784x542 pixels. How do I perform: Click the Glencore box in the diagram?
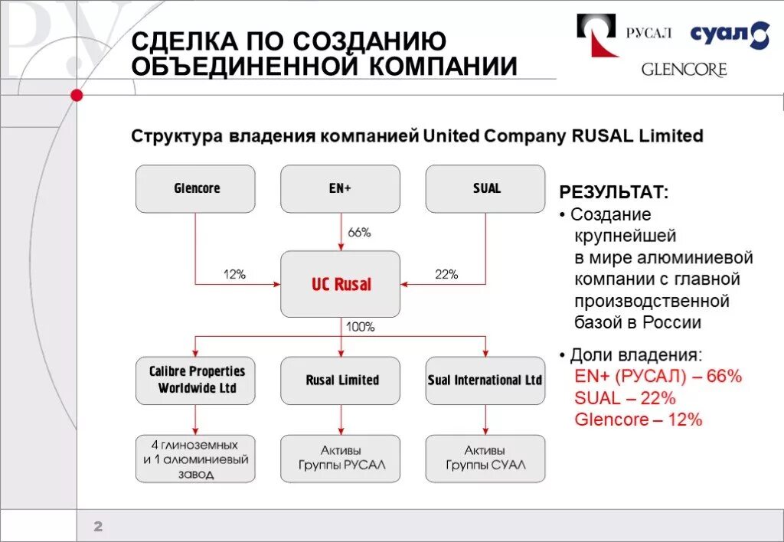(x=195, y=188)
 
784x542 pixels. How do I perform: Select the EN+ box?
(x=340, y=188)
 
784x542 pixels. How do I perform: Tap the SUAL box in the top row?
(x=485, y=188)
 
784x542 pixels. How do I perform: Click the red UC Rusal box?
(x=341, y=284)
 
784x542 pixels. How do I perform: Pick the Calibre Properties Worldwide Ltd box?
(x=195, y=380)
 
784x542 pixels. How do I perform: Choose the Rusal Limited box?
(x=341, y=380)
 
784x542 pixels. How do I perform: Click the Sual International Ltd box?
(x=485, y=380)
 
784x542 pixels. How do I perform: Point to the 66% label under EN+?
(x=359, y=233)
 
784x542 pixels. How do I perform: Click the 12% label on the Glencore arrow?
(x=234, y=274)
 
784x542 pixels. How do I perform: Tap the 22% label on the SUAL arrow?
(x=446, y=274)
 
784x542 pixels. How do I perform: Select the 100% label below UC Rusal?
(x=360, y=327)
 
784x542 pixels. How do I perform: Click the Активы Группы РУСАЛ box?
(x=341, y=458)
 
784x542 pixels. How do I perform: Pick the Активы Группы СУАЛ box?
(x=485, y=458)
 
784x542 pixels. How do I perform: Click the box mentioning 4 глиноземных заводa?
(x=195, y=459)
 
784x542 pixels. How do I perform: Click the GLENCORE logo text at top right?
(x=684, y=70)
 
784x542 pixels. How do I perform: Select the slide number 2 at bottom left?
(x=98, y=526)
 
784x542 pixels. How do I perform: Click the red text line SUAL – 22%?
(x=625, y=398)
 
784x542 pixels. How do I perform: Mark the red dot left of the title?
(x=76, y=95)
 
